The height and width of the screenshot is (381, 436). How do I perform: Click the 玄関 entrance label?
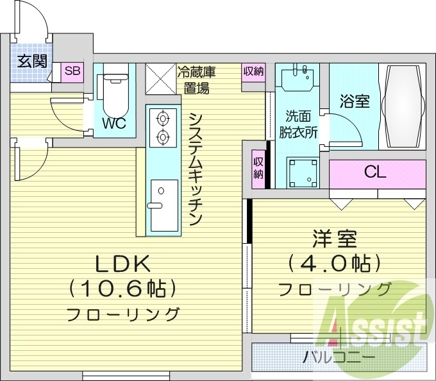coord(32,61)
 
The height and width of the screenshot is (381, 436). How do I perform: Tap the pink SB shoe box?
coord(72,72)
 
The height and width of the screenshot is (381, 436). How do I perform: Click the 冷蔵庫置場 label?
coord(197,80)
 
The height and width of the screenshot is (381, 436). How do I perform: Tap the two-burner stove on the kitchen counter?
coord(163,128)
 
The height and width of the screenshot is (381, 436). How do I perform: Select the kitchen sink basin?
coord(164,205)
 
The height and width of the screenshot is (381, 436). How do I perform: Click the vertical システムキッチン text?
coord(196,169)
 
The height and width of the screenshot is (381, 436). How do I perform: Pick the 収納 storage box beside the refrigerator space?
coord(253,72)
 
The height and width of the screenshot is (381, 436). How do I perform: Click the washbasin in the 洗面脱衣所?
coord(298,77)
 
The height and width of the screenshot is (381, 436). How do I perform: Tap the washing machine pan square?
coord(303,173)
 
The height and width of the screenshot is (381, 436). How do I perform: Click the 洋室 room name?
coord(335,239)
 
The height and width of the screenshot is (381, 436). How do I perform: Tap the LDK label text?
coord(122,264)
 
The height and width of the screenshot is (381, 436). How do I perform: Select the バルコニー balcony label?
coord(339,357)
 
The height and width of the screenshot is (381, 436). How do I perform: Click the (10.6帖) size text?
coord(122,289)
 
